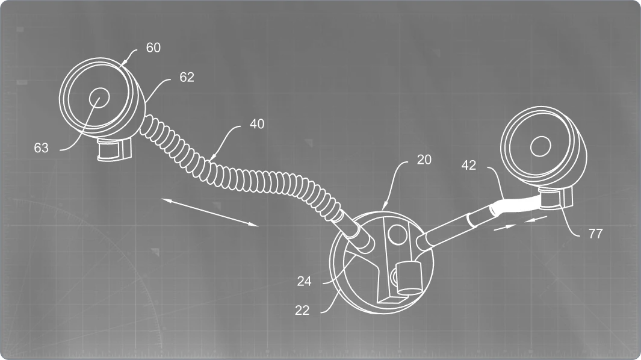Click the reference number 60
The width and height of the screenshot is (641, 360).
pyautogui.click(x=153, y=48)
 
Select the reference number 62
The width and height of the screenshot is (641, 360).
pyautogui.click(x=187, y=77)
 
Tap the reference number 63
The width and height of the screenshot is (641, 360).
pyautogui.click(x=42, y=147)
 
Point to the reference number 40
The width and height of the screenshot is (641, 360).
pyautogui.click(x=257, y=124)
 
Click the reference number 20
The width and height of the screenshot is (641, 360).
pyautogui.click(x=424, y=160)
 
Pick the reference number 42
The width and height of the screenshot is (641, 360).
pyautogui.click(x=468, y=166)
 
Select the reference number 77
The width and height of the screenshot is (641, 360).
pyautogui.click(x=596, y=234)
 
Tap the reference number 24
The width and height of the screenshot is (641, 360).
pyautogui.click(x=304, y=282)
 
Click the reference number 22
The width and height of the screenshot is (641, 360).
pyautogui.click(x=302, y=311)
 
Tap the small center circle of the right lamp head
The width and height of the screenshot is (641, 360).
pyautogui.click(x=540, y=146)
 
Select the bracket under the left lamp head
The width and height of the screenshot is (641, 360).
pyautogui.click(x=114, y=149)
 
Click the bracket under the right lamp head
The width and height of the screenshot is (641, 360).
pyautogui.click(x=556, y=199)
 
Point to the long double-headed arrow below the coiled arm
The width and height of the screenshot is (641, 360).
pyautogui.click(x=210, y=212)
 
